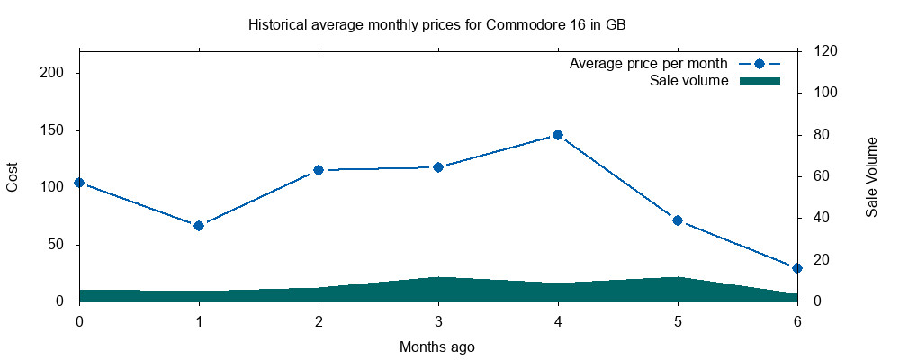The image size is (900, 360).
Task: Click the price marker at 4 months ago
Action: pyautogui.click(x=558, y=135)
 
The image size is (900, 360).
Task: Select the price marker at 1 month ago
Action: pyautogui.click(x=199, y=225)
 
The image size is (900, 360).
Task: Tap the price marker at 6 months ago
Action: pyautogui.click(x=797, y=267)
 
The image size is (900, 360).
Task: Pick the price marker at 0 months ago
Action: pyautogui.click(x=79, y=183)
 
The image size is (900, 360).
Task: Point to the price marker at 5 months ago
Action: pyautogui.click(x=678, y=220)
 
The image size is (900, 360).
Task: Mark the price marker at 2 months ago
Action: pyautogui.click(x=319, y=170)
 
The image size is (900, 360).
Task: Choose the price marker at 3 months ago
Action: pyautogui.click(x=438, y=167)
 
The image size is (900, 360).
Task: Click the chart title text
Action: pyautogui.click(x=437, y=25)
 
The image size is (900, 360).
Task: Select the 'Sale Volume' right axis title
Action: pyautogui.click(x=871, y=176)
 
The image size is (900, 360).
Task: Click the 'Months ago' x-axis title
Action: pyautogui.click(x=437, y=346)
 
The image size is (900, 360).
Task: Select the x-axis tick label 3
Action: pyautogui.click(x=438, y=320)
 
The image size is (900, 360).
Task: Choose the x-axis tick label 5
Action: pyautogui.click(x=678, y=320)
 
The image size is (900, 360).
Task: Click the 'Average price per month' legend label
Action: pyautogui.click(x=649, y=65)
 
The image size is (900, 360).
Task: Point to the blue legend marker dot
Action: pyautogui.click(x=759, y=65)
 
